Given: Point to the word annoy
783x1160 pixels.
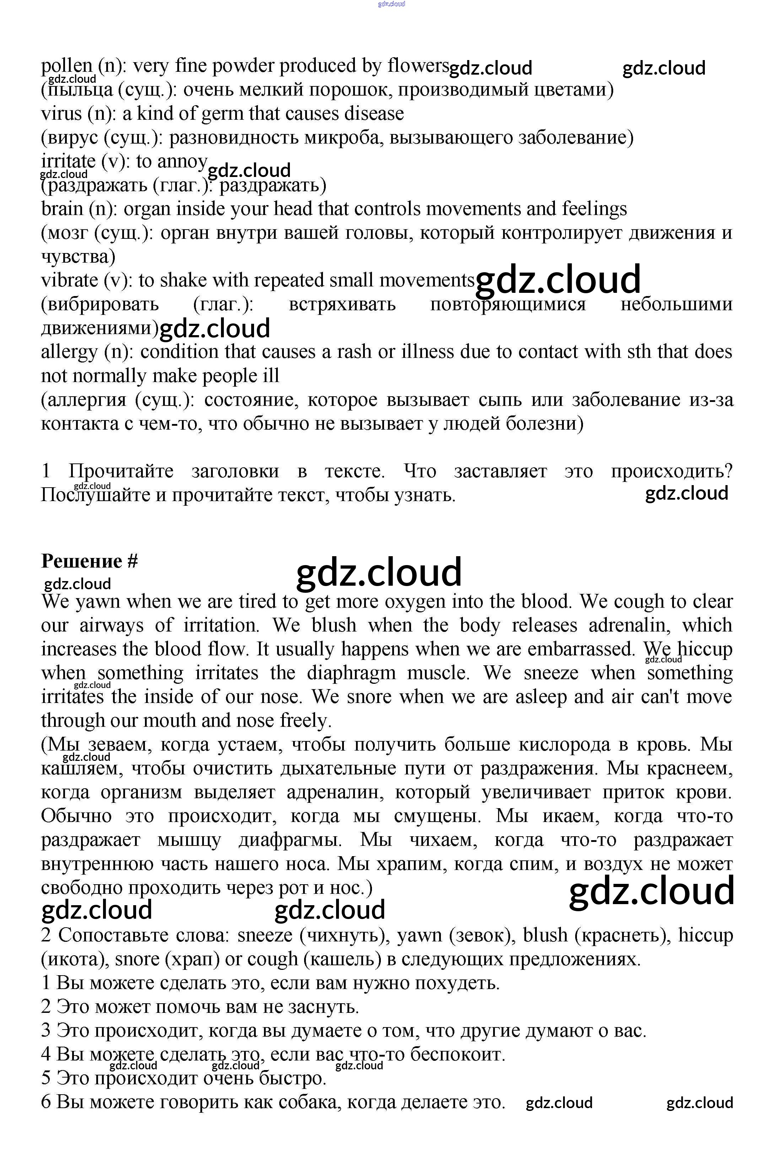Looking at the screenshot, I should (182, 162).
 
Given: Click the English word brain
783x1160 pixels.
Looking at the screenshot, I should (62, 209).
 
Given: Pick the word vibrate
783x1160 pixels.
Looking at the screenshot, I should (69, 280).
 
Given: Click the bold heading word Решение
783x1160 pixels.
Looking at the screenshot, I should (81, 562).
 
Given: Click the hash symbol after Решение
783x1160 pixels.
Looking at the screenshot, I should (132, 562).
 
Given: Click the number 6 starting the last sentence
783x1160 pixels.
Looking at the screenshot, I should (46, 1102).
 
